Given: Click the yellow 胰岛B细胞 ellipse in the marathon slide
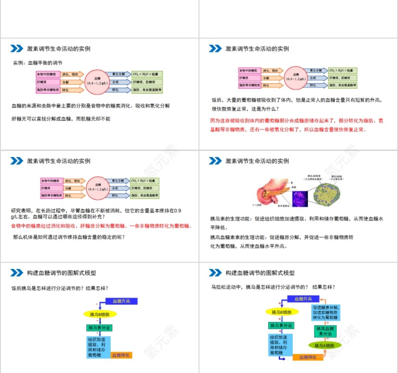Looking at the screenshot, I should (283, 312).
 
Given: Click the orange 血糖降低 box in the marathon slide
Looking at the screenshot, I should (308, 357).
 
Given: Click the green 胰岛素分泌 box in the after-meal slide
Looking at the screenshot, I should (99, 328).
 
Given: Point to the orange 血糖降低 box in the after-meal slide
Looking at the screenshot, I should (121, 355).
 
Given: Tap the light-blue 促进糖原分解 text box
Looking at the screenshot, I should (326, 313).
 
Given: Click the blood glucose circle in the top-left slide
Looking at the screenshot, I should (97, 81).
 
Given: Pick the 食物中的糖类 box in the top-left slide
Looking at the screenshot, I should (48, 74).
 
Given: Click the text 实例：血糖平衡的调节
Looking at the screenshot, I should (37, 62).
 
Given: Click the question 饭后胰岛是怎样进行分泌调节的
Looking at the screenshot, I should (60, 288).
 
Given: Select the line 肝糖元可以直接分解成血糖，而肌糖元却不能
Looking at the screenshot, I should (61, 118).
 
